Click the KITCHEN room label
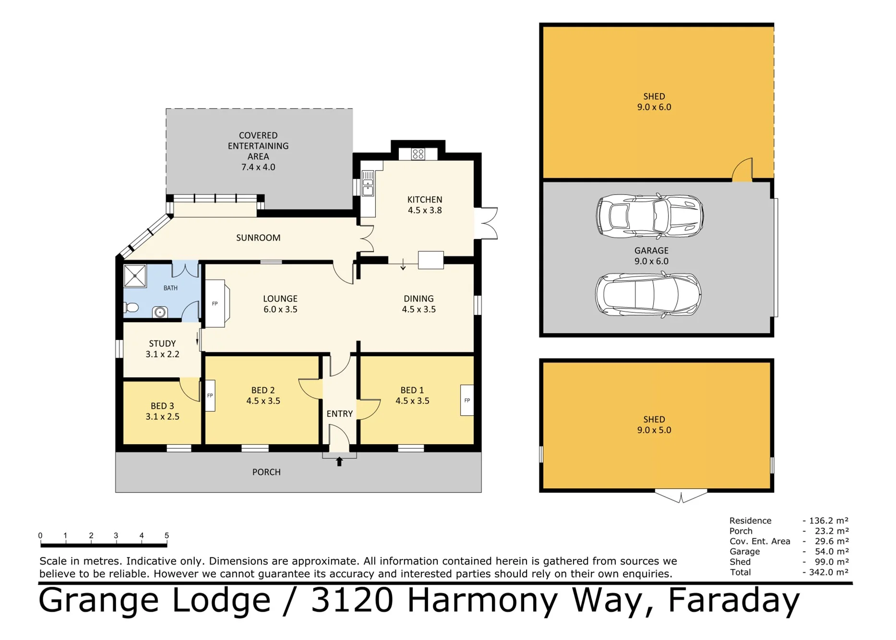click(425, 200)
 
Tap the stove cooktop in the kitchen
click(418, 154)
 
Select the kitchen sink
click(368, 183)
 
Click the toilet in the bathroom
click(131, 307)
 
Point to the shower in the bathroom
click(135, 276)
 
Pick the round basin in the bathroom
click(160, 313)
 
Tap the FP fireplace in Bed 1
click(467, 400)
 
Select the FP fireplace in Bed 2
click(210, 396)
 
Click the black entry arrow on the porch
click(339, 461)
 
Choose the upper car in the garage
click(650, 216)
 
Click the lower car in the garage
click(648, 294)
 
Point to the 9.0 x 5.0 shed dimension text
click(654, 430)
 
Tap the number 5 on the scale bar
click(167, 535)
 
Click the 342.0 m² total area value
click(829, 572)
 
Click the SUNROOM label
click(258, 238)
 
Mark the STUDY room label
click(162, 344)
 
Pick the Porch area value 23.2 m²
click(832, 531)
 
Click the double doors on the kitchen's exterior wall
click(486, 223)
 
